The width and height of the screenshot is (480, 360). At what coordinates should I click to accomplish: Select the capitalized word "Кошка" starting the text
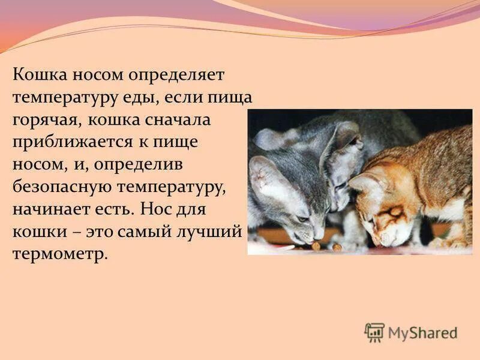pos(40,74)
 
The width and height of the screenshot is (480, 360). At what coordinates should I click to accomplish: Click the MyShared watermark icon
pos(375,332)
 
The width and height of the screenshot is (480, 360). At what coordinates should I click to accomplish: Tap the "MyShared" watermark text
pos(423,332)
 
